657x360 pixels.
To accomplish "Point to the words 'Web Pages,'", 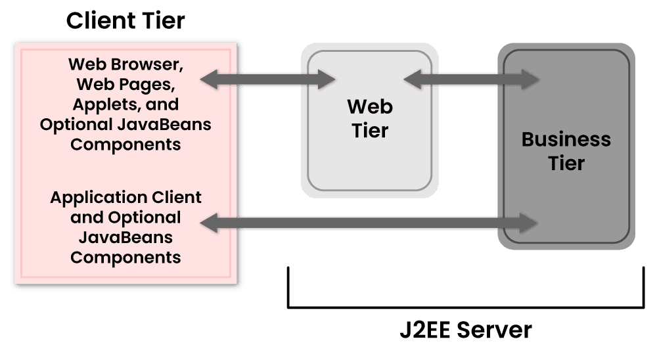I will (125, 85).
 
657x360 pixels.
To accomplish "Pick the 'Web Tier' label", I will (370, 118).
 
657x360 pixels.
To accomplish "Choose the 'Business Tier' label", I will (566, 150).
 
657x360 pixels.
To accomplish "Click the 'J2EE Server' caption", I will (465, 330).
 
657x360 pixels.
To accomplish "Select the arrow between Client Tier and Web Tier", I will (267, 80).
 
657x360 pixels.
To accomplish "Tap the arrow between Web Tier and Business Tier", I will (471, 80).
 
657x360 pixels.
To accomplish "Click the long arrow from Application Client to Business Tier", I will (369, 223).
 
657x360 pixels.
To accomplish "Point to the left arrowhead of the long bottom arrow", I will (209, 223).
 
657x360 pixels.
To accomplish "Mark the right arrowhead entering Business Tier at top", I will (531, 80).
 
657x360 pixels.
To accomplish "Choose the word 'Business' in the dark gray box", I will (566, 139).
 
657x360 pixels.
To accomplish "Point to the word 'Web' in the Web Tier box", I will (370, 106).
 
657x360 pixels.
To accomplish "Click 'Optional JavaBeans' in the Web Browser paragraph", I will (125, 124).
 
